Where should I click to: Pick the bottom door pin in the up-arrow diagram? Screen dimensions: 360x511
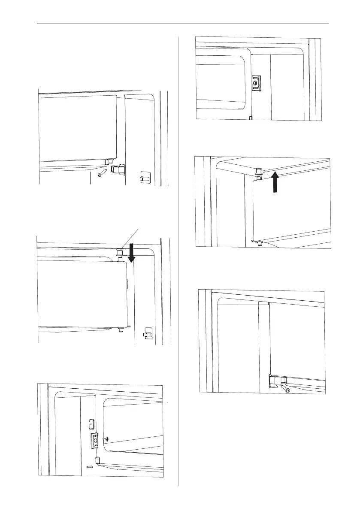[x=257, y=243]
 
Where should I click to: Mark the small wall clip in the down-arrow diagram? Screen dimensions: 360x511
[x=147, y=333]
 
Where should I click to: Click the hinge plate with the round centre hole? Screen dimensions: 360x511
[x=94, y=440]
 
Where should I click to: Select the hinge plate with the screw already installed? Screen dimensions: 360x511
[x=255, y=83]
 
